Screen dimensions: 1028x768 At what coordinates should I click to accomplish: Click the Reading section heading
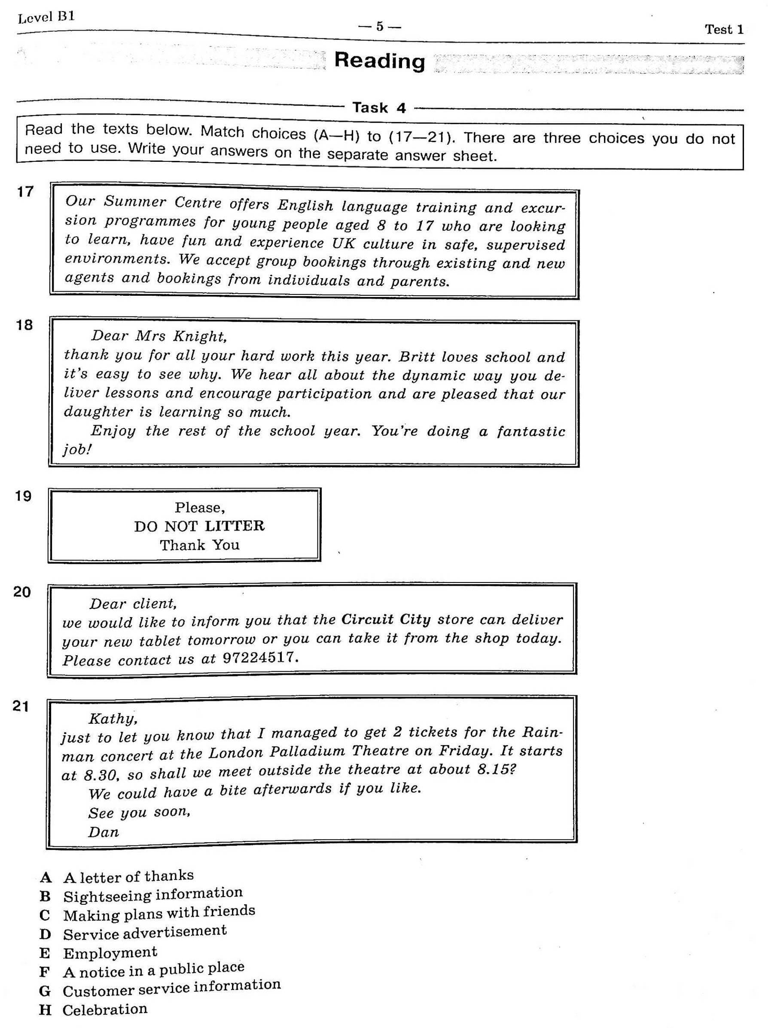point(379,61)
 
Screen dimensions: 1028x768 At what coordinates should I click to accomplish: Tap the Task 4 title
point(379,108)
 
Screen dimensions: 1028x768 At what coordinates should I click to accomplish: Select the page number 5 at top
point(379,27)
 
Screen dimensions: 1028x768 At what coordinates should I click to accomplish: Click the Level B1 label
point(46,18)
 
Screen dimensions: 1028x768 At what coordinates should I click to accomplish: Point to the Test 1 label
point(724,30)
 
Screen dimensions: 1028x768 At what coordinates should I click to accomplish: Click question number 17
point(25,191)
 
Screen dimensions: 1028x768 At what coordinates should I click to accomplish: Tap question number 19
point(23,496)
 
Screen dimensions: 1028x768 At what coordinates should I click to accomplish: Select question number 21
point(21,707)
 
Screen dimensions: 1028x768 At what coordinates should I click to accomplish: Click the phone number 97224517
point(259,657)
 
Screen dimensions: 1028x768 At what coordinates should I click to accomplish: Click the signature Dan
point(103,832)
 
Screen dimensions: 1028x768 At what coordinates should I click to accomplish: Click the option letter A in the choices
point(46,877)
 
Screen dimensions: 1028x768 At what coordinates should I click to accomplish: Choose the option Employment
point(110,952)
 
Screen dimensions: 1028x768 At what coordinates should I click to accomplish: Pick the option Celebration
point(105,1009)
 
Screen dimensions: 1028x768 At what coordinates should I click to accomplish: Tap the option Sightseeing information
point(153,894)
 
